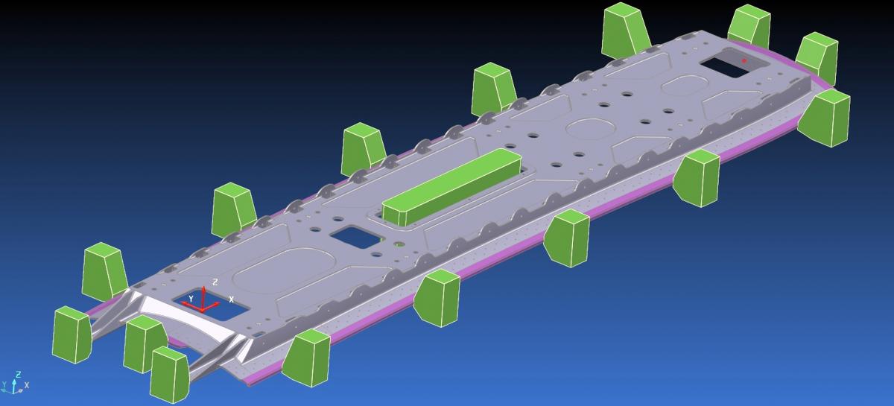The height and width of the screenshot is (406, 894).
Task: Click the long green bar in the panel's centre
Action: coord(451,187)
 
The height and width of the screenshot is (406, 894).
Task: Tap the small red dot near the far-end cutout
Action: coord(744,60)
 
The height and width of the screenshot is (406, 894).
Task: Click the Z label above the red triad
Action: coord(215,282)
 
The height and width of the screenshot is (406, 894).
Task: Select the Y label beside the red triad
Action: coord(191,299)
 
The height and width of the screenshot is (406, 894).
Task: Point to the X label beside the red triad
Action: coord(231,299)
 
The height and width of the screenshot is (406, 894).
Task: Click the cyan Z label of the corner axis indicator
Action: coord(18,375)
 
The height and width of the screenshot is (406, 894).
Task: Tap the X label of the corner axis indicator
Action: coord(27,385)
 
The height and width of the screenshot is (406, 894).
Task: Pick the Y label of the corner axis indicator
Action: coord(4,384)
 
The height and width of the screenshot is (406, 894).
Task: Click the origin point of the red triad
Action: coord(203,310)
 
